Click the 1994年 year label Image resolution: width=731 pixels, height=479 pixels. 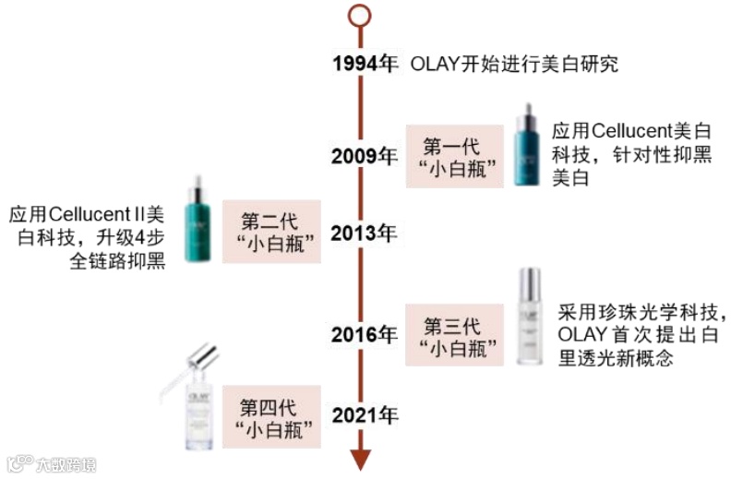point(365,64)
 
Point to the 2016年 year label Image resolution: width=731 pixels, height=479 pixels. point(365,333)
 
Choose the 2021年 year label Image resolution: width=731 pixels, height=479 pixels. point(365,415)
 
